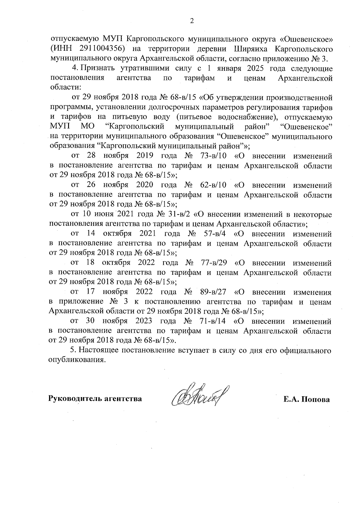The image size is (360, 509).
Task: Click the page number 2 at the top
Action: [x=192, y=21]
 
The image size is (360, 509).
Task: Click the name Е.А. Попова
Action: [x=307, y=399]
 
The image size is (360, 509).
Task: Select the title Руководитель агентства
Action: [x=95, y=399]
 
